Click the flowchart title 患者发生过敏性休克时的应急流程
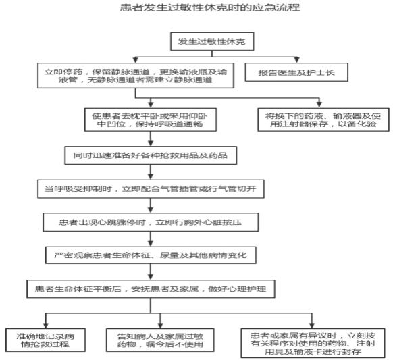210,7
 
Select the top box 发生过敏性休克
212,41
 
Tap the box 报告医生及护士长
296,72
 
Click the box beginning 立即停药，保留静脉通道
136,76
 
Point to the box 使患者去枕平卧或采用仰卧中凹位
151,120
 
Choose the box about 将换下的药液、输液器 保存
323,120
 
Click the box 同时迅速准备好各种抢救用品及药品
151,155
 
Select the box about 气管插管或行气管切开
151,188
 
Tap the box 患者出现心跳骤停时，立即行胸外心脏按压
151,222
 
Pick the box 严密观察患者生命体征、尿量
151,255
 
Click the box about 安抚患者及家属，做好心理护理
151,289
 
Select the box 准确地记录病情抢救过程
46,340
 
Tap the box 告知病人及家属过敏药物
160,340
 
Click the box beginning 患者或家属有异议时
313,343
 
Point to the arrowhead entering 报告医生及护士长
296,60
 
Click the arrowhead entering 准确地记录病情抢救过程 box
46,326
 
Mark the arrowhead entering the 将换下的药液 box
319,105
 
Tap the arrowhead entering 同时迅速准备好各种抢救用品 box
151,143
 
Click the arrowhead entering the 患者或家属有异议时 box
312,326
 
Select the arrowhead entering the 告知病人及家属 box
160,326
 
